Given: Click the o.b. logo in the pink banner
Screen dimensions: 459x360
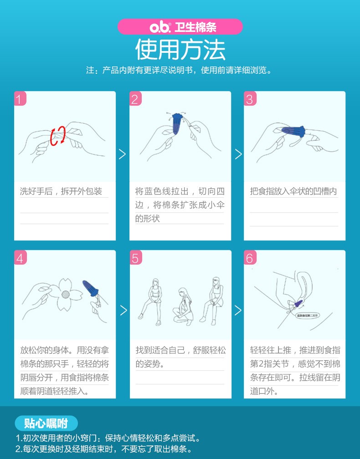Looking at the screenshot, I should click(x=161, y=27).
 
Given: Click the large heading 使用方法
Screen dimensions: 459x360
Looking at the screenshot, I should click(x=180, y=50).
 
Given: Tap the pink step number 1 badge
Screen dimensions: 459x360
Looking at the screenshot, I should click(x=20, y=99).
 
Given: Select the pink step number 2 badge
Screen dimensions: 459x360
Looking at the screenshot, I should click(x=135, y=99).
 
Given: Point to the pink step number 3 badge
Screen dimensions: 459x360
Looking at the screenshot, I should click(x=250, y=99).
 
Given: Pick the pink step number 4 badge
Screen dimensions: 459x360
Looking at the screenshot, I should click(x=20, y=258).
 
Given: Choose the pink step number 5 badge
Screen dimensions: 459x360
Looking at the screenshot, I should click(x=135, y=258).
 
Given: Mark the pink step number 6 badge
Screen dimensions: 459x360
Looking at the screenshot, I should click(x=250, y=258).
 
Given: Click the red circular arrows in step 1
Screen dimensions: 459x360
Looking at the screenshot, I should click(x=58, y=136).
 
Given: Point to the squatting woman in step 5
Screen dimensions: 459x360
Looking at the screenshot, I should click(x=182, y=306).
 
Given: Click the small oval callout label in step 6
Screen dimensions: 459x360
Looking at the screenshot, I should click(x=308, y=314).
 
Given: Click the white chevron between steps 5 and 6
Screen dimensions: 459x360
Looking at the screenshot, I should click(x=237, y=311).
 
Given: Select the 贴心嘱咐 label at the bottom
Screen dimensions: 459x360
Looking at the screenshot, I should click(x=46, y=423).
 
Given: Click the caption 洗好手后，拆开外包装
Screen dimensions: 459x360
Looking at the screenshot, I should click(x=61, y=191).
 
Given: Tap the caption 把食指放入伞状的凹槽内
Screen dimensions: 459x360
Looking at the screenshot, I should click(x=293, y=191).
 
